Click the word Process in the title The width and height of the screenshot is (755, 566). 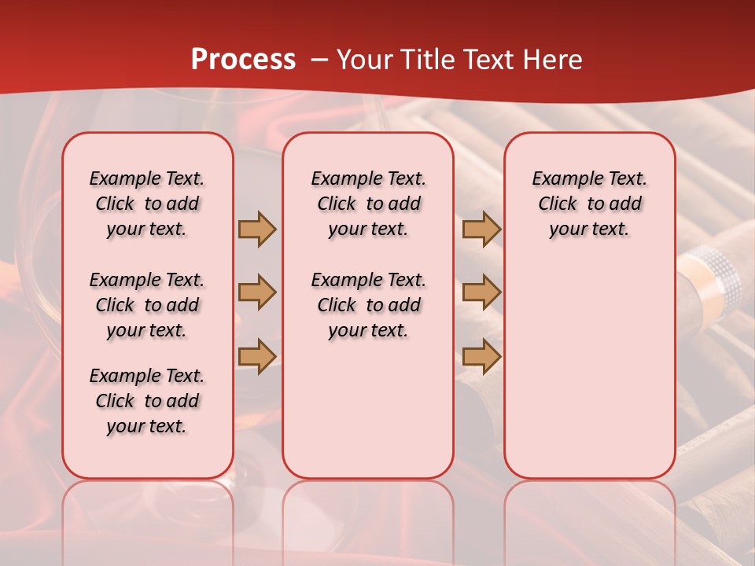click(243, 60)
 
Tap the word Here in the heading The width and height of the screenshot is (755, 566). click(554, 60)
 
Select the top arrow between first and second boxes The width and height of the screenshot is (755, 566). click(257, 229)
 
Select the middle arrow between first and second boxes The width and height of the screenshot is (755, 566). click(257, 292)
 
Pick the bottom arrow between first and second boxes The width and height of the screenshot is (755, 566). click(257, 356)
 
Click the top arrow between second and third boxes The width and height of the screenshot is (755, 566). click(481, 229)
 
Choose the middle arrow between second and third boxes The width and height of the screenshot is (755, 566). click(481, 292)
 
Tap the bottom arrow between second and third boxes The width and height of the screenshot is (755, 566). click(481, 356)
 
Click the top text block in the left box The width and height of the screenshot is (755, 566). click(147, 204)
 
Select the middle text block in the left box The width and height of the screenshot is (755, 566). click(147, 305)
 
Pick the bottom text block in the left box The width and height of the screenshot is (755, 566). click(147, 401)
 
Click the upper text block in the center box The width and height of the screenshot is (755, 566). click(368, 204)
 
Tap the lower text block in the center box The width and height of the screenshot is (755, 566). click(368, 305)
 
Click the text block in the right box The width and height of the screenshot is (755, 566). click(590, 204)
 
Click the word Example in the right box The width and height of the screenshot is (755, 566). click(568, 179)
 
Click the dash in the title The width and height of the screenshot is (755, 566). click(320, 60)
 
